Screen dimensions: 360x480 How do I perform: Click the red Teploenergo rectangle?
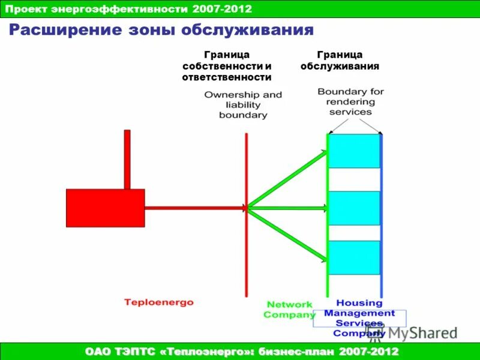(x=105, y=208)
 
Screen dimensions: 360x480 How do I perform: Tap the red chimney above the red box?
(x=127, y=159)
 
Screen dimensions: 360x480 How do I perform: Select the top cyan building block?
(x=355, y=151)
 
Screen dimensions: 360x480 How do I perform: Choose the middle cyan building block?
(x=355, y=208)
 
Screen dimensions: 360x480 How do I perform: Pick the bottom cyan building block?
(x=355, y=257)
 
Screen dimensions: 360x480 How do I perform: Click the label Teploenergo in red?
(x=159, y=302)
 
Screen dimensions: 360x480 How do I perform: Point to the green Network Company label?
(x=290, y=309)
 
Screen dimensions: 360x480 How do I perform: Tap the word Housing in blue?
(x=359, y=303)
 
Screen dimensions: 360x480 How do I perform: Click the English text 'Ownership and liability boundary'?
(x=242, y=104)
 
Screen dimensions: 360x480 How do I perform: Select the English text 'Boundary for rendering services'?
(x=350, y=101)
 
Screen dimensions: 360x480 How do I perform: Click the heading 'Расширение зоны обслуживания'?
(x=161, y=30)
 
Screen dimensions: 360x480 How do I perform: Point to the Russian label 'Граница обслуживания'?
(x=340, y=61)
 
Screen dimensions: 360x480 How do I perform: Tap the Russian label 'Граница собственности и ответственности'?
(x=227, y=66)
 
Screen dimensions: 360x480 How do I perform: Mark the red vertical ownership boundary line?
(x=246, y=252)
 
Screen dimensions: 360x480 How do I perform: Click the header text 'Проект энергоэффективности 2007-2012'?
(x=128, y=8)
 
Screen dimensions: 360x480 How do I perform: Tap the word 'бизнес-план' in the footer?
(x=292, y=350)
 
